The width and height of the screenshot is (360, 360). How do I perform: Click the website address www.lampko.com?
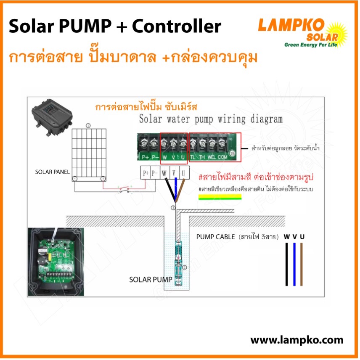(296, 340)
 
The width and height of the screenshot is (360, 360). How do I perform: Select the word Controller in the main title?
(176, 27)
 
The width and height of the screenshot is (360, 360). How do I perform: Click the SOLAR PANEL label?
(52, 172)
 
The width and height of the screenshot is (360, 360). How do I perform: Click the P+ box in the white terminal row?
(146, 173)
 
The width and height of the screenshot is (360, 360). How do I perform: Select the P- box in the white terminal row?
(155, 173)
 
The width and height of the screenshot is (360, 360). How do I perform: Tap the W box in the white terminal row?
(165, 173)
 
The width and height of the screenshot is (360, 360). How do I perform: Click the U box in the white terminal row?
(183, 173)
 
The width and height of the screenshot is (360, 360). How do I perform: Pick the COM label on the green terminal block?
(222, 157)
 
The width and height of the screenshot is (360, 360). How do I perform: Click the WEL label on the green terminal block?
(212, 157)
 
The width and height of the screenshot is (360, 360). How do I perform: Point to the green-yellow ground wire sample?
(219, 197)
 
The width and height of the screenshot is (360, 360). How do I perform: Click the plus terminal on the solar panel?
(102, 178)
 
